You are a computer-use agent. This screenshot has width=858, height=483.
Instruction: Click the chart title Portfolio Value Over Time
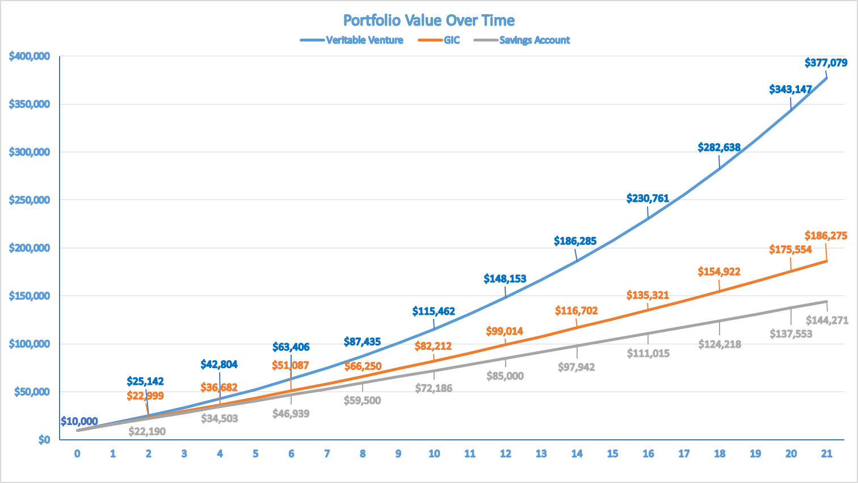click(x=429, y=20)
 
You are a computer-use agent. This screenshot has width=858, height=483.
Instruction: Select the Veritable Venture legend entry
click(x=364, y=40)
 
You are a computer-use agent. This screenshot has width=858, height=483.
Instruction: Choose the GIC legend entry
click(x=452, y=40)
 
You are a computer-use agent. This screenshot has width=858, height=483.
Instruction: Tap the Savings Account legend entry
click(x=534, y=40)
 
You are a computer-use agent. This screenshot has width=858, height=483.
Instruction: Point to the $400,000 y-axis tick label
click(x=30, y=56)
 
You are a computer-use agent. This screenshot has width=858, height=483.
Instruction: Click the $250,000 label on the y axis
click(x=30, y=200)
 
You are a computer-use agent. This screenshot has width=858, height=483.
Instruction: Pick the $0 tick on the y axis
click(x=44, y=440)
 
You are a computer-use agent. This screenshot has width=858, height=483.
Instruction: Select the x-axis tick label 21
click(x=827, y=453)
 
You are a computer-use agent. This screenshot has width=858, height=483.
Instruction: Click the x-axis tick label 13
click(x=541, y=453)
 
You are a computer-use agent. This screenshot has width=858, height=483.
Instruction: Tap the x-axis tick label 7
click(x=327, y=453)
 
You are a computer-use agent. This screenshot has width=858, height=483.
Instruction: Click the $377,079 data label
click(x=826, y=63)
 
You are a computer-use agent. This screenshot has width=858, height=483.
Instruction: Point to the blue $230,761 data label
click(x=647, y=198)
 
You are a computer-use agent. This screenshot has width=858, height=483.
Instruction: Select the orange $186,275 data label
click(x=826, y=236)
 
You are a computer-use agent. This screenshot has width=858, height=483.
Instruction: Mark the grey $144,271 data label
click(x=827, y=320)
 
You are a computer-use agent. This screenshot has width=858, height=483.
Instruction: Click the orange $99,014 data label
click(x=504, y=331)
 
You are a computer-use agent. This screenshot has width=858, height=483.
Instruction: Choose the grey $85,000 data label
click(x=504, y=376)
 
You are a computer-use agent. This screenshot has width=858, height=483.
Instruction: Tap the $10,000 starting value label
click(x=79, y=422)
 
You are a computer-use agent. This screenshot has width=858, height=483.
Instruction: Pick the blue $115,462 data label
click(x=434, y=311)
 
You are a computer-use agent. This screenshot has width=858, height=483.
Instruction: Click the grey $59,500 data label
click(x=362, y=401)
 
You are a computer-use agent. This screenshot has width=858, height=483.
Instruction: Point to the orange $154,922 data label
click(x=719, y=272)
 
